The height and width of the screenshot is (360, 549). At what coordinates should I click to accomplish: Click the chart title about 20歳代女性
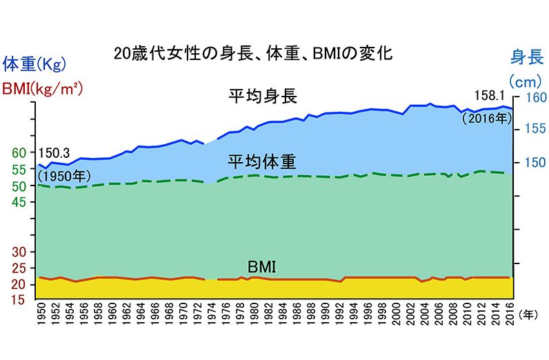pyautogui.click(x=254, y=53)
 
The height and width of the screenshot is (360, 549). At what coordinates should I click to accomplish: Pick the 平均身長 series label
pyautogui.click(x=263, y=96)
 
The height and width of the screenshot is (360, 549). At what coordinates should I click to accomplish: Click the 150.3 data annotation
pyautogui.click(x=54, y=153)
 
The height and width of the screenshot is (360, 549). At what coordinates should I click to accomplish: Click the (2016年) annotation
pyautogui.click(x=486, y=117)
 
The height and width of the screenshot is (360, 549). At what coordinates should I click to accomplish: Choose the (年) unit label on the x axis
pyautogui.click(x=530, y=312)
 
